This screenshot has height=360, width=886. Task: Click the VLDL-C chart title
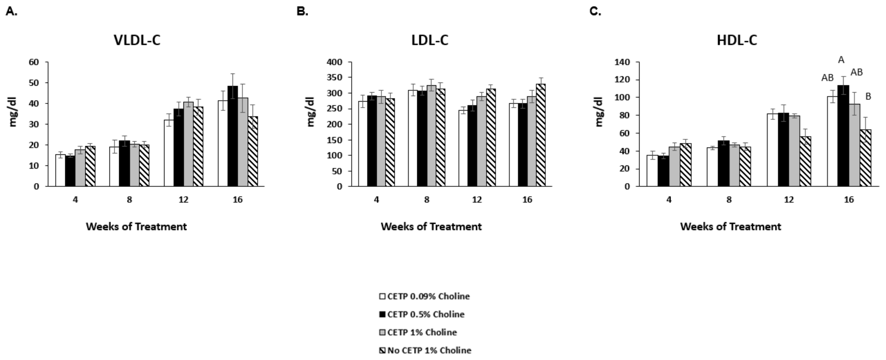coord(137,41)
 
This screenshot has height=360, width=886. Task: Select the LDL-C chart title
coord(430,41)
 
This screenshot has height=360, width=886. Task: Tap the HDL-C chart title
coord(737,41)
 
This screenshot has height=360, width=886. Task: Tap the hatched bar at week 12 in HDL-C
coord(806,161)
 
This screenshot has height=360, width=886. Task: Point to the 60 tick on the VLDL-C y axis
coord(34,62)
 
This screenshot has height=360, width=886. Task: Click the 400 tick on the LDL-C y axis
coord(335,62)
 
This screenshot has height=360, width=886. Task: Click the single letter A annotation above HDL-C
coord(841,60)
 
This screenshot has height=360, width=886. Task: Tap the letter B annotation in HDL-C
coord(868,97)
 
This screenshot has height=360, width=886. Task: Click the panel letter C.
coord(595,11)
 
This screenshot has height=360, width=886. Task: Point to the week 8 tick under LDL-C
coord(426,200)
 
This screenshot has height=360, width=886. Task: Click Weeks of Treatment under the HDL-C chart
coord(731,227)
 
